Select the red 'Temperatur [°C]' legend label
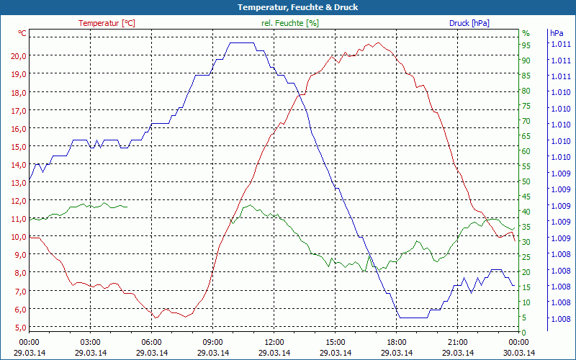click(107, 23)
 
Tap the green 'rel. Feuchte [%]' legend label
click(290, 23)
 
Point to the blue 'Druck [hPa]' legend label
click(469, 23)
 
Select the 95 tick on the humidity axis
click(526, 45)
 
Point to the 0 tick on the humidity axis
click(524, 332)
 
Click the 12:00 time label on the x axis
click(274, 342)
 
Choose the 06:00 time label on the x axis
click(151, 342)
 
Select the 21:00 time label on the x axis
click(458, 342)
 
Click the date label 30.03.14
click(519, 352)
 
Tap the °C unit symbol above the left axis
click(22, 33)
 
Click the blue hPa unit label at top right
click(556, 33)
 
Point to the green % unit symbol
click(526, 33)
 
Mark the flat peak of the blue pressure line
click(241, 43)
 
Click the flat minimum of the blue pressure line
click(414, 318)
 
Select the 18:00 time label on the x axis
click(397, 342)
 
